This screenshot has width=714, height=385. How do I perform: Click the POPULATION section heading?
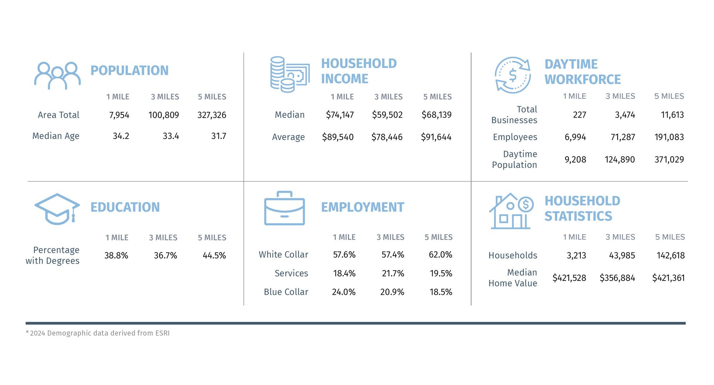point(129,71)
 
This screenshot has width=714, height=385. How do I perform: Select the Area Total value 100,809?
point(164,115)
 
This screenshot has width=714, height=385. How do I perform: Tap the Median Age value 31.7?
point(218,136)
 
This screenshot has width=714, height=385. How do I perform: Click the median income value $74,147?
point(340,115)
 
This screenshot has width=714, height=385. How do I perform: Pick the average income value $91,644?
point(436,137)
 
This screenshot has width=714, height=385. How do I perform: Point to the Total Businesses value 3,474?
point(625,115)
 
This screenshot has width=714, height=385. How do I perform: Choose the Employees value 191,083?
point(669,137)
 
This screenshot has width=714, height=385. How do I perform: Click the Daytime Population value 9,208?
point(575,159)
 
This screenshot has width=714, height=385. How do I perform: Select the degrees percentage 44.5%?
point(214,256)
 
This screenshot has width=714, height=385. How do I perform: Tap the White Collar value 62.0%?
point(440,255)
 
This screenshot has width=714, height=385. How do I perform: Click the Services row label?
point(291,273)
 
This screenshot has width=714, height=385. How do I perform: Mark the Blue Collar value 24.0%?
point(343,292)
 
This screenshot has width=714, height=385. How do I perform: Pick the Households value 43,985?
point(622,256)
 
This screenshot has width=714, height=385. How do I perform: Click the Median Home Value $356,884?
point(617,278)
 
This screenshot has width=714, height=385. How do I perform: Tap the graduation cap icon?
point(57,209)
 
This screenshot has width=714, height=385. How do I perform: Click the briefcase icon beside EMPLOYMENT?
point(284,209)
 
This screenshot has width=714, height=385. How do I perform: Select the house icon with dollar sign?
point(511,211)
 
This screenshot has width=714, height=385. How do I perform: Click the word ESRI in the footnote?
point(162,333)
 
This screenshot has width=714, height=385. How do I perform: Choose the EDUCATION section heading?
point(125,207)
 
